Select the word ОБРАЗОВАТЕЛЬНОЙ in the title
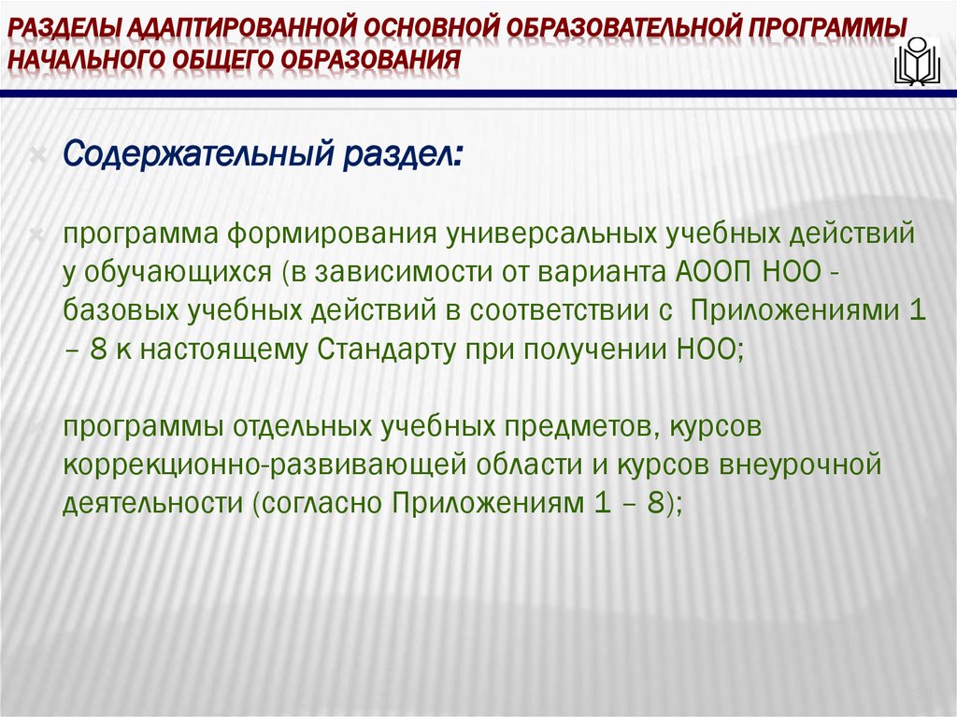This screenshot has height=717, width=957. (621, 26)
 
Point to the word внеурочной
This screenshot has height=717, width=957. (807, 465)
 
